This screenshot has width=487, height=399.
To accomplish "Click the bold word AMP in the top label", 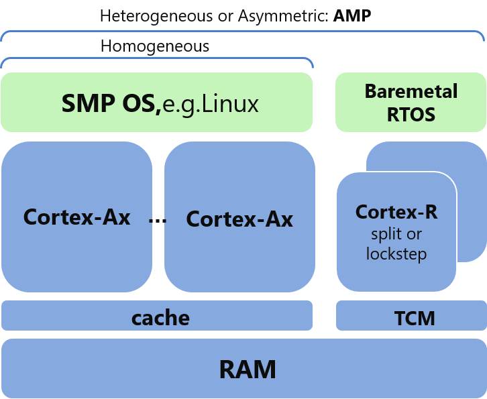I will (x=352, y=15).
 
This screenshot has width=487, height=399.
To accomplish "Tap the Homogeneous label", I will (x=155, y=46).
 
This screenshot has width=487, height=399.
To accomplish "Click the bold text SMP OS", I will (x=111, y=104).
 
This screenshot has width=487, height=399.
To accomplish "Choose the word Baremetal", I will (x=411, y=91).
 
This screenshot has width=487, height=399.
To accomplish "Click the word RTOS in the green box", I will (x=411, y=115).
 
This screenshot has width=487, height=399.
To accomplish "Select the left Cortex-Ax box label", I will (x=76, y=217).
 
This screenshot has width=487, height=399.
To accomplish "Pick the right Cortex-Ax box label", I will (x=239, y=219).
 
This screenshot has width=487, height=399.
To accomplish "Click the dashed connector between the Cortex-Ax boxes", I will (x=158, y=219).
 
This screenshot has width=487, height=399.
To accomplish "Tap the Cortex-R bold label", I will (x=396, y=212).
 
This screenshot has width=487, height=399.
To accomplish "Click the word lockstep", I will (x=396, y=254).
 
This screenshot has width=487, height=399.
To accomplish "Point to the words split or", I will (x=396, y=234).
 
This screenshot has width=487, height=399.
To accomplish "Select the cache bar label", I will (x=160, y=317).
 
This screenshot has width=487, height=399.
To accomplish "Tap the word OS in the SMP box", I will (x=142, y=104).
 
